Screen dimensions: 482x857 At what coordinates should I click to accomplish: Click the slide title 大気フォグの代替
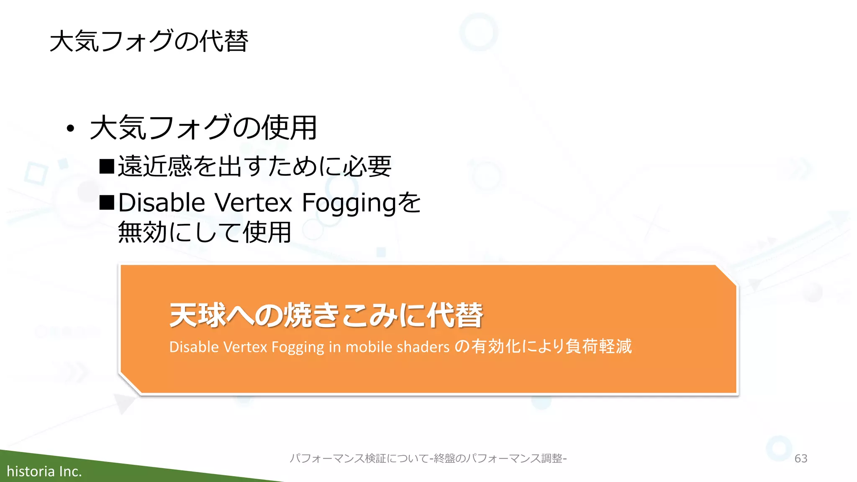tap(149, 41)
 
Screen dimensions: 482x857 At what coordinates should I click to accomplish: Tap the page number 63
tap(801, 458)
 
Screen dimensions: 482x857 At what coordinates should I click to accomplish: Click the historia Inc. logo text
tap(44, 472)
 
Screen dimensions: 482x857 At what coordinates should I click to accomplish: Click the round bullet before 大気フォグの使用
tap(70, 128)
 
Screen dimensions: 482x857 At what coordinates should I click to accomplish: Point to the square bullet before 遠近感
tap(107, 167)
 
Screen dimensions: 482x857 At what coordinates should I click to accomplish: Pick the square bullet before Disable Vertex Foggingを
tap(107, 203)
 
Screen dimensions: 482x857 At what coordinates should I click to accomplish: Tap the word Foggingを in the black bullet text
tap(361, 203)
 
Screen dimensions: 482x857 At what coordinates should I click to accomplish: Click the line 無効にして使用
tap(205, 233)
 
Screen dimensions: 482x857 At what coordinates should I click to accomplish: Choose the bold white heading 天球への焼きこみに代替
tap(326, 315)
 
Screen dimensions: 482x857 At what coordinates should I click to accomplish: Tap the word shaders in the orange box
tap(423, 347)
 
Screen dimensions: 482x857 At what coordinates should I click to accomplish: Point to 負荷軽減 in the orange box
tap(598, 346)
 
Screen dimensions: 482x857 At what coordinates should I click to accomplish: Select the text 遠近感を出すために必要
tap(254, 167)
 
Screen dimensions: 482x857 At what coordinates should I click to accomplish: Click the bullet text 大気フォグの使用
tap(203, 128)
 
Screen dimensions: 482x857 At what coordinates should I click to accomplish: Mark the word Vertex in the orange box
tap(245, 347)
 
